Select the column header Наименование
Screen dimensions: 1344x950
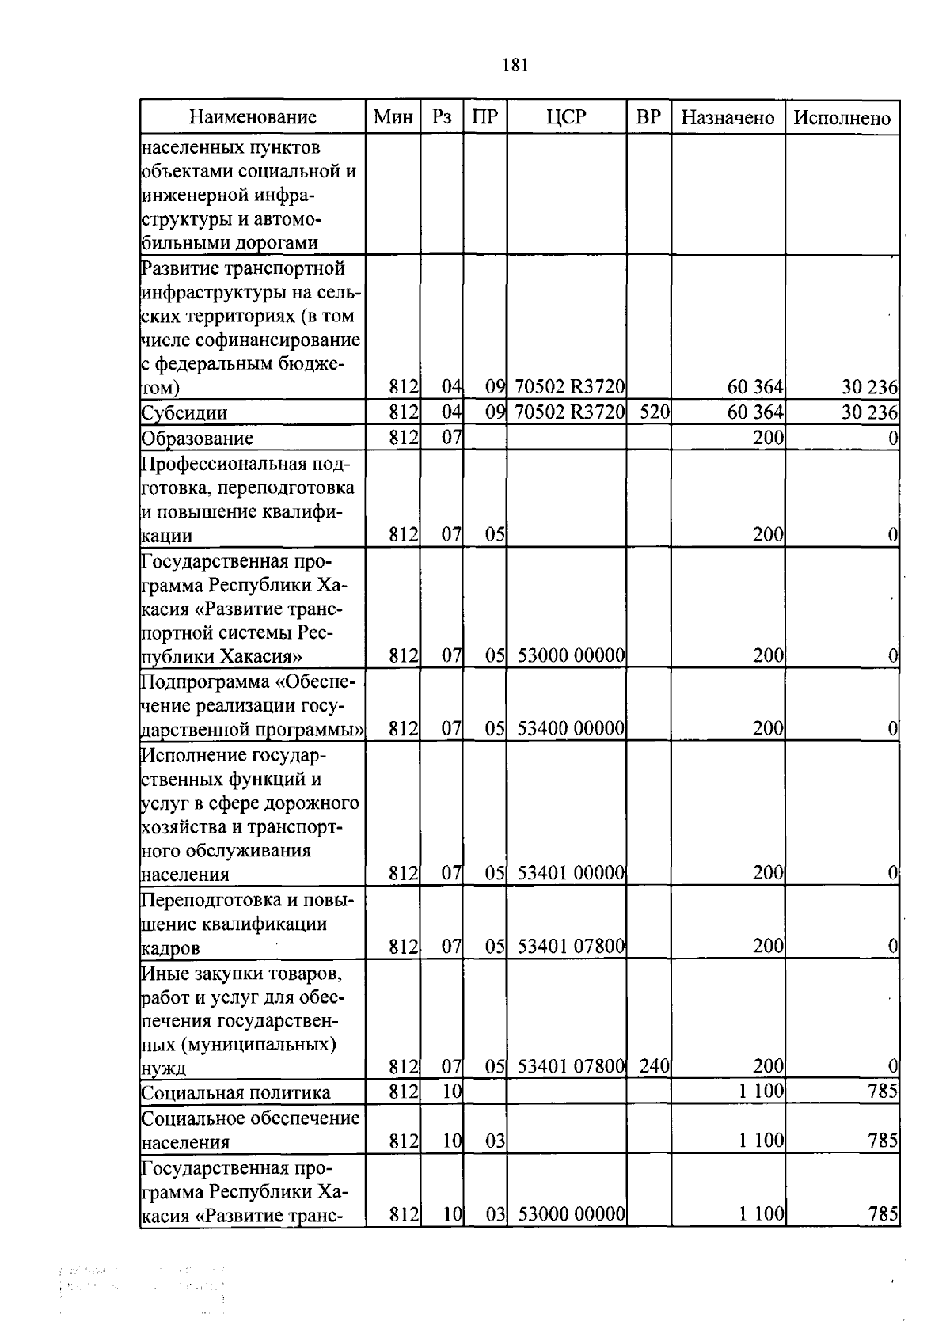tap(253, 118)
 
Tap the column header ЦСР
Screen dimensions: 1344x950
tap(566, 118)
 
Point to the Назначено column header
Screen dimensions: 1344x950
tap(728, 118)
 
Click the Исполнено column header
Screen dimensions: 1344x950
tap(842, 118)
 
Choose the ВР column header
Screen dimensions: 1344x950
tap(648, 118)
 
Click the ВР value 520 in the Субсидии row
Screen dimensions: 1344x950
tap(655, 412)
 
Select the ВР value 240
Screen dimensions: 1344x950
tap(654, 1066)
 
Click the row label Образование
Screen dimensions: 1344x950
tap(197, 438)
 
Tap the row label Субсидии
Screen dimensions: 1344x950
tap(184, 413)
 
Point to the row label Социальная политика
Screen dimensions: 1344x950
tap(235, 1092)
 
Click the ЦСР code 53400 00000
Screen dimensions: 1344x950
tap(571, 728)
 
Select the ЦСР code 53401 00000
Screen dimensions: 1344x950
tap(571, 873)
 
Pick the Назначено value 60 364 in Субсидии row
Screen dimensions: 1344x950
tap(754, 412)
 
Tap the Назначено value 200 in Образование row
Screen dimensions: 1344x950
tap(767, 438)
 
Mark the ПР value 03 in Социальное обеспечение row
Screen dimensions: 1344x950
tap(495, 1141)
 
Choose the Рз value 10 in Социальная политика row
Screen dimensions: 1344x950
tap(451, 1092)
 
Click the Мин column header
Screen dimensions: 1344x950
tap(393, 118)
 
